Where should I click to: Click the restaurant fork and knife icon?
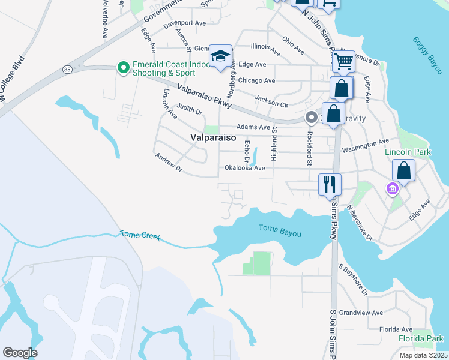click(x=330, y=184)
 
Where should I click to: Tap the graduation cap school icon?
click(x=220, y=57)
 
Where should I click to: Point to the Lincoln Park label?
click(x=408, y=152)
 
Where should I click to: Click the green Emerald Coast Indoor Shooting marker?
click(x=124, y=67)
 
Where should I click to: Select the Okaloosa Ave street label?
click(x=244, y=169)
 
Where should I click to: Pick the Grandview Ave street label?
click(x=360, y=313)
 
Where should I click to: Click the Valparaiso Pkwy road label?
click(x=205, y=97)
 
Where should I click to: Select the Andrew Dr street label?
click(x=168, y=163)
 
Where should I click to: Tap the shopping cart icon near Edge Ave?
click(x=343, y=61)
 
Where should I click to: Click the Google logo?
click(x=20, y=352)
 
